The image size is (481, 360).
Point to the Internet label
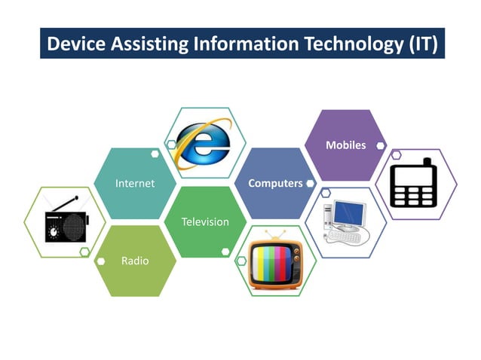coord(134,183)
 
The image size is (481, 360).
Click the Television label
coord(205,221)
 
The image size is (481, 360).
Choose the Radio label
coord(135,261)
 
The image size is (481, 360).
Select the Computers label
coord(275,183)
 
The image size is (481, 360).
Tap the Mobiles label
coord(345,145)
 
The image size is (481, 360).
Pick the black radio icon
coord(66,221)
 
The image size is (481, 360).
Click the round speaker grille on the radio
coord(75,226)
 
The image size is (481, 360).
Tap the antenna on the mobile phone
coord(427,162)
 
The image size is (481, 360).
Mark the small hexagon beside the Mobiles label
coord(381,145)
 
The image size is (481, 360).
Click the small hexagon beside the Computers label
coord(310,183)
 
